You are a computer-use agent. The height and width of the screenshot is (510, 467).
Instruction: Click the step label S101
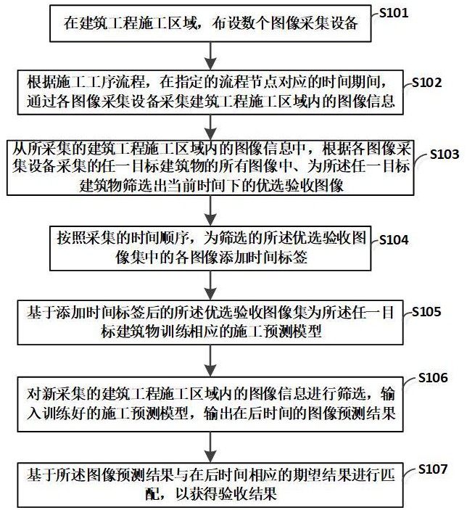[394, 12]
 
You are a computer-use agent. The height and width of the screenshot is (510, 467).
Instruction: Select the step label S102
[426, 83]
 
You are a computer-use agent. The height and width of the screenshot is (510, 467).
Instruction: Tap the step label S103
[445, 155]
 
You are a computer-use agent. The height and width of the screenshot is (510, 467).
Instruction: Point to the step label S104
[394, 240]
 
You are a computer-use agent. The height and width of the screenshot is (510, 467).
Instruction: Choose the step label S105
[426, 312]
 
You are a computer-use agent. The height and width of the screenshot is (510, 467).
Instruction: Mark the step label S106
[433, 378]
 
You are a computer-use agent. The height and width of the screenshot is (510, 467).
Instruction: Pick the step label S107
[433, 469]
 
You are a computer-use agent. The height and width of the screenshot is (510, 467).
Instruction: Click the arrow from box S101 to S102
[211, 55]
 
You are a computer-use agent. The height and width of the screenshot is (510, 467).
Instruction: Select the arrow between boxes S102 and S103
[211, 128]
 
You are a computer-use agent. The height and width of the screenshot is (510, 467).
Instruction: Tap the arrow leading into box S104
[211, 211]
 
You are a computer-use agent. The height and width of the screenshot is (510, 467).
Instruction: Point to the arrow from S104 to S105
[211, 285]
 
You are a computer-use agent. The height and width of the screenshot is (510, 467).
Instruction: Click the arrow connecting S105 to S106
[211, 361]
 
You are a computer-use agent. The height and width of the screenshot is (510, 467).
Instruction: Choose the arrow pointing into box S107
[211, 447]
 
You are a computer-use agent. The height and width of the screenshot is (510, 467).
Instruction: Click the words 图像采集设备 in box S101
[314, 23]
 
